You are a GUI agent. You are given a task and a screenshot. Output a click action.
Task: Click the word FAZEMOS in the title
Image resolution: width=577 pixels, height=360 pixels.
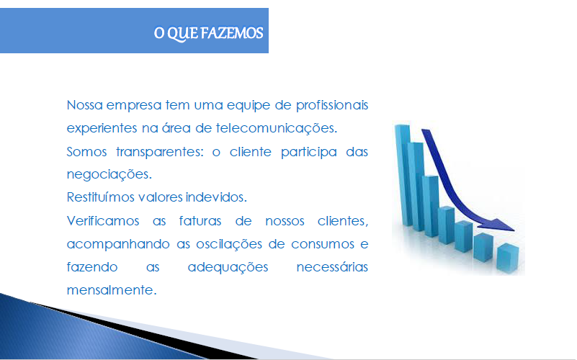tap(232, 33)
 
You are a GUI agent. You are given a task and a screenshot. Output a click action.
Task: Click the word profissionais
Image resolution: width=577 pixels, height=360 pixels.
tap(332, 106)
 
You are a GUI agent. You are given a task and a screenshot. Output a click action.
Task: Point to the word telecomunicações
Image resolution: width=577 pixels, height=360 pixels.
tap(276, 128)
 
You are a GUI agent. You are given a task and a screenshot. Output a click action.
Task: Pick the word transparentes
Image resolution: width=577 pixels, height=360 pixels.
tap(159, 152)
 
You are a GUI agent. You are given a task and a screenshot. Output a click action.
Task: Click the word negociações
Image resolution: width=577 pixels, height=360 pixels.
tap(109, 174)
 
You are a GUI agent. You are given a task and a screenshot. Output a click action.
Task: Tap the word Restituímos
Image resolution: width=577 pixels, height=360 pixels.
tap(100, 197)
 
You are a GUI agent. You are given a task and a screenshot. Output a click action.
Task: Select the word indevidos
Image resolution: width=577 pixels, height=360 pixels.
tap(216, 197)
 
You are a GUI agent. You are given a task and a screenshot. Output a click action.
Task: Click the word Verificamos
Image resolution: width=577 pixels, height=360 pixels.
tap(103, 221)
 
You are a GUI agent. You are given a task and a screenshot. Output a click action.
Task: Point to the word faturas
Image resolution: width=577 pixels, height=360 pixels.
tap(200, 221)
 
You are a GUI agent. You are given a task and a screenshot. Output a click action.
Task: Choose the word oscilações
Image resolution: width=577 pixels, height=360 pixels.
tap(228, 244)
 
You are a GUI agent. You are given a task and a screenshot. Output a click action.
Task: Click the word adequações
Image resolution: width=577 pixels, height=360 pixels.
tap(228, 267)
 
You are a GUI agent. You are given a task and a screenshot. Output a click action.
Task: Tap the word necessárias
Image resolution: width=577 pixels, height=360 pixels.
tap(332, 267)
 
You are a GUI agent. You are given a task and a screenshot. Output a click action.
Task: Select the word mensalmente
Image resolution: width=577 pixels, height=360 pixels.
tap(112, 290)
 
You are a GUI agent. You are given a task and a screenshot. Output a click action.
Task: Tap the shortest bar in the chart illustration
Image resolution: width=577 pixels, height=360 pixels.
tap(508, 258)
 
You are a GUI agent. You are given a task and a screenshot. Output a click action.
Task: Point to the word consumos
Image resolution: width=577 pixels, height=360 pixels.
tap(322, 245)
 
